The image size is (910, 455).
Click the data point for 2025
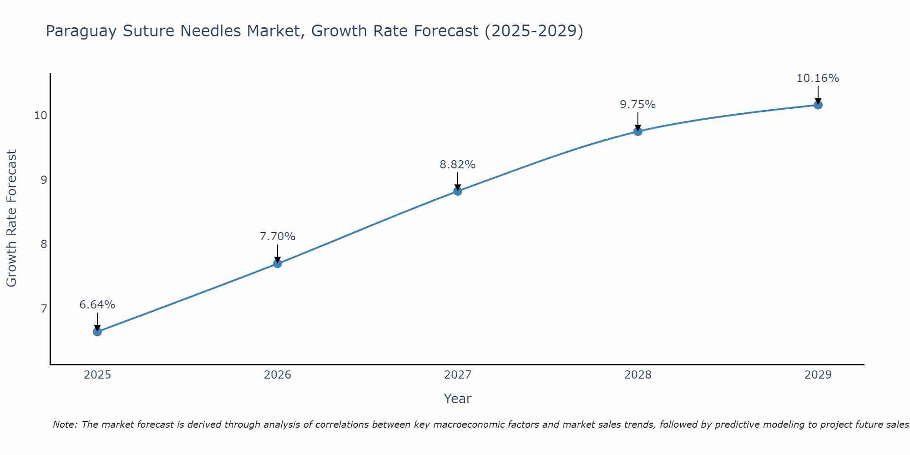[97, 332]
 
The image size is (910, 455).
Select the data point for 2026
[278, 263]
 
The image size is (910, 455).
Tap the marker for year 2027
[458, 191]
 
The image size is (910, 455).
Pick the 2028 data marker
[638, 131]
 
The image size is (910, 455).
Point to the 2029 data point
[818, 105]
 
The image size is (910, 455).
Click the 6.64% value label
[97, 305]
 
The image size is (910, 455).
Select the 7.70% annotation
[278, 237]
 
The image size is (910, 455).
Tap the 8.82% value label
[458, 165]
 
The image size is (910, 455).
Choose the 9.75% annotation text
[638, 105]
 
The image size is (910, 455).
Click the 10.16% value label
[818, 78]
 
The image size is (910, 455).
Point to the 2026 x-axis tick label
[278, 375]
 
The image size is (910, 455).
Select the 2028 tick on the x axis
[638, 375]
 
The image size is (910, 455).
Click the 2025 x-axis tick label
[97, 375]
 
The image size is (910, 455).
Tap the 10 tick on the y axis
[40, 116]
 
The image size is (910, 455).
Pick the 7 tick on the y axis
[44, 309]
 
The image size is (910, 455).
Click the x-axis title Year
[458, 399]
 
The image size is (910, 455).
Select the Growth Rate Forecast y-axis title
[12, 218]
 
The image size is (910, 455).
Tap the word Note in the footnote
[66, 425]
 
